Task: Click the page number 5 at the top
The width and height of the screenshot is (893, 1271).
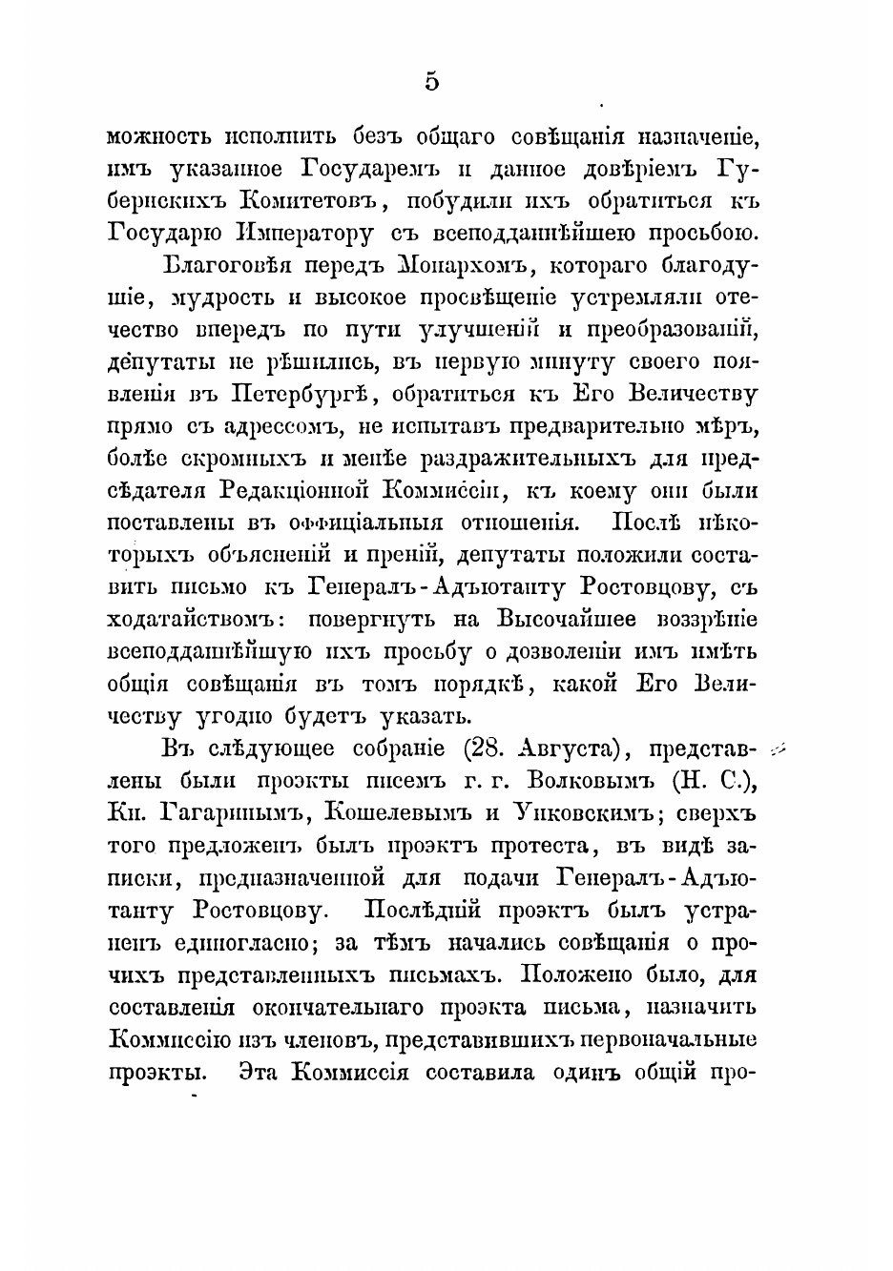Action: coord(432,82)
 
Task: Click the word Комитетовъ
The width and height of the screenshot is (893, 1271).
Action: coord(310,200)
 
